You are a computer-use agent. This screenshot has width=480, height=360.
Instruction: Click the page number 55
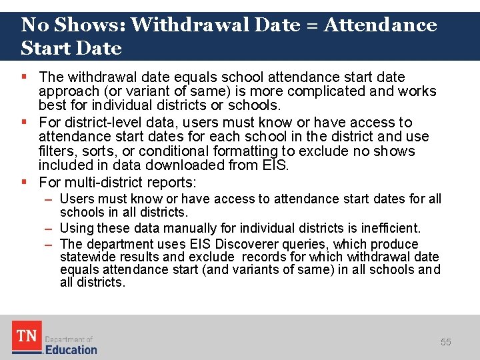[445, 342]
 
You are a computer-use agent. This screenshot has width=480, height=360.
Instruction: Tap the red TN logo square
[27, 337]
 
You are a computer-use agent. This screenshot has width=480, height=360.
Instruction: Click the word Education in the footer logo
[71, 349]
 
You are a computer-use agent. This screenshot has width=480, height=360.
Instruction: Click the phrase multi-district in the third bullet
[99, 183]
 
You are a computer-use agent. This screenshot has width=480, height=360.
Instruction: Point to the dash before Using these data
[49, 229]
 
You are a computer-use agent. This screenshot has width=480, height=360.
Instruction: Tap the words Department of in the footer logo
[69, 339]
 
